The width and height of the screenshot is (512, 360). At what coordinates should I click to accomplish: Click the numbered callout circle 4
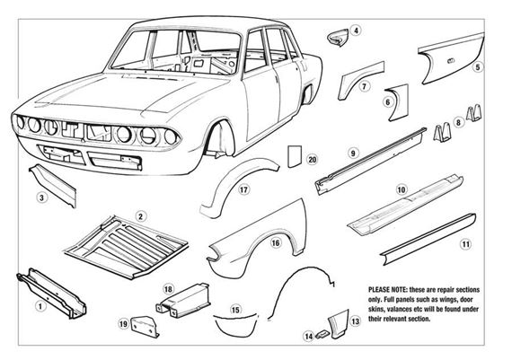click(x=356, y=31)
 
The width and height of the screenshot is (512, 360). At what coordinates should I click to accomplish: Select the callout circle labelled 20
click(x=313, y=160)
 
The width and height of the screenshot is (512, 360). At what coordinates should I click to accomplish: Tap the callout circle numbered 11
click(x=465, y=244)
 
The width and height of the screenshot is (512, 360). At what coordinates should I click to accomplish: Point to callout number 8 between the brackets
click(x=458, y=122)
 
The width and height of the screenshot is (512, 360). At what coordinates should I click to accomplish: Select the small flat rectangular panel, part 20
click(x=294, y=156)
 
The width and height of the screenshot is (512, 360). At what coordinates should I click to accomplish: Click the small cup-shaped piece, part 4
click(x=338, y=37)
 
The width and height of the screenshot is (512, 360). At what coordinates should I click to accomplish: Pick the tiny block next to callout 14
click(x=322, y=334)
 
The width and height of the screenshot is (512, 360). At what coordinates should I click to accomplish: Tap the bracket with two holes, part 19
click(x=145, y=327)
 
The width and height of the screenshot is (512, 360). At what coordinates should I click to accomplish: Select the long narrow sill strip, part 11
click(x=428, y=240)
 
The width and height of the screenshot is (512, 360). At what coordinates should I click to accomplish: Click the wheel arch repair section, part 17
click(x=237, y=184)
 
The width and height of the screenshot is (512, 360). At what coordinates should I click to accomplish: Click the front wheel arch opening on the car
click(x=219, y=137)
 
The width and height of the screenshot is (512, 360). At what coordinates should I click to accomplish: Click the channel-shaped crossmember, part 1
click(x=51, y=293)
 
